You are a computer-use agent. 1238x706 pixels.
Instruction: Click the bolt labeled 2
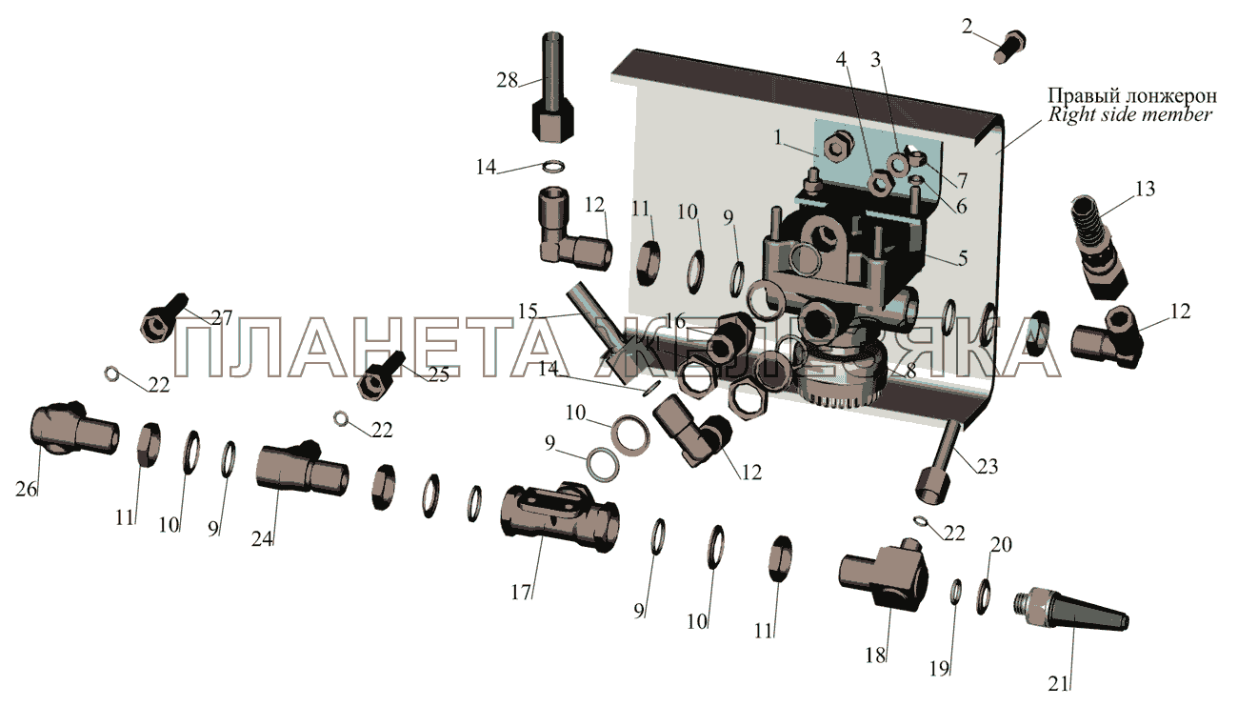pyautogui.click(x=1009, y=47)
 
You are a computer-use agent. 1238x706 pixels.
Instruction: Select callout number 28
pyautogui.click(x=507, y=80)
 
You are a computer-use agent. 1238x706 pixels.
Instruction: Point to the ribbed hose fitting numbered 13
pyautogui.click(x=1098, y=247)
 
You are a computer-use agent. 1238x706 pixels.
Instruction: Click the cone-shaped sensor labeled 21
pyautogui.click(x=1071, y=612)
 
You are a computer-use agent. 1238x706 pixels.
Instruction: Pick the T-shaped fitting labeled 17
pyautogui.click(x=560, y=515)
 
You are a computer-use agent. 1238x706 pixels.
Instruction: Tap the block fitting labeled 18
pyautogui.click(x=883, y=574)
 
